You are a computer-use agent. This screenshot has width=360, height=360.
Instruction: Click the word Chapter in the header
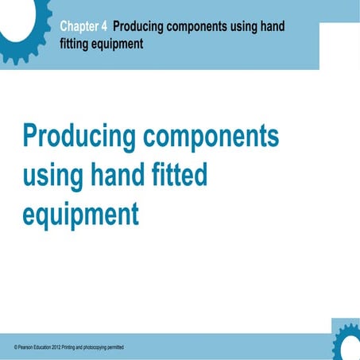click(83, 27)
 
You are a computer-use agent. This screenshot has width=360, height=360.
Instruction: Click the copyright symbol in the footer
click(16, 349)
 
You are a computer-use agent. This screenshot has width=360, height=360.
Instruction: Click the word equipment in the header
click(118, 44)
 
